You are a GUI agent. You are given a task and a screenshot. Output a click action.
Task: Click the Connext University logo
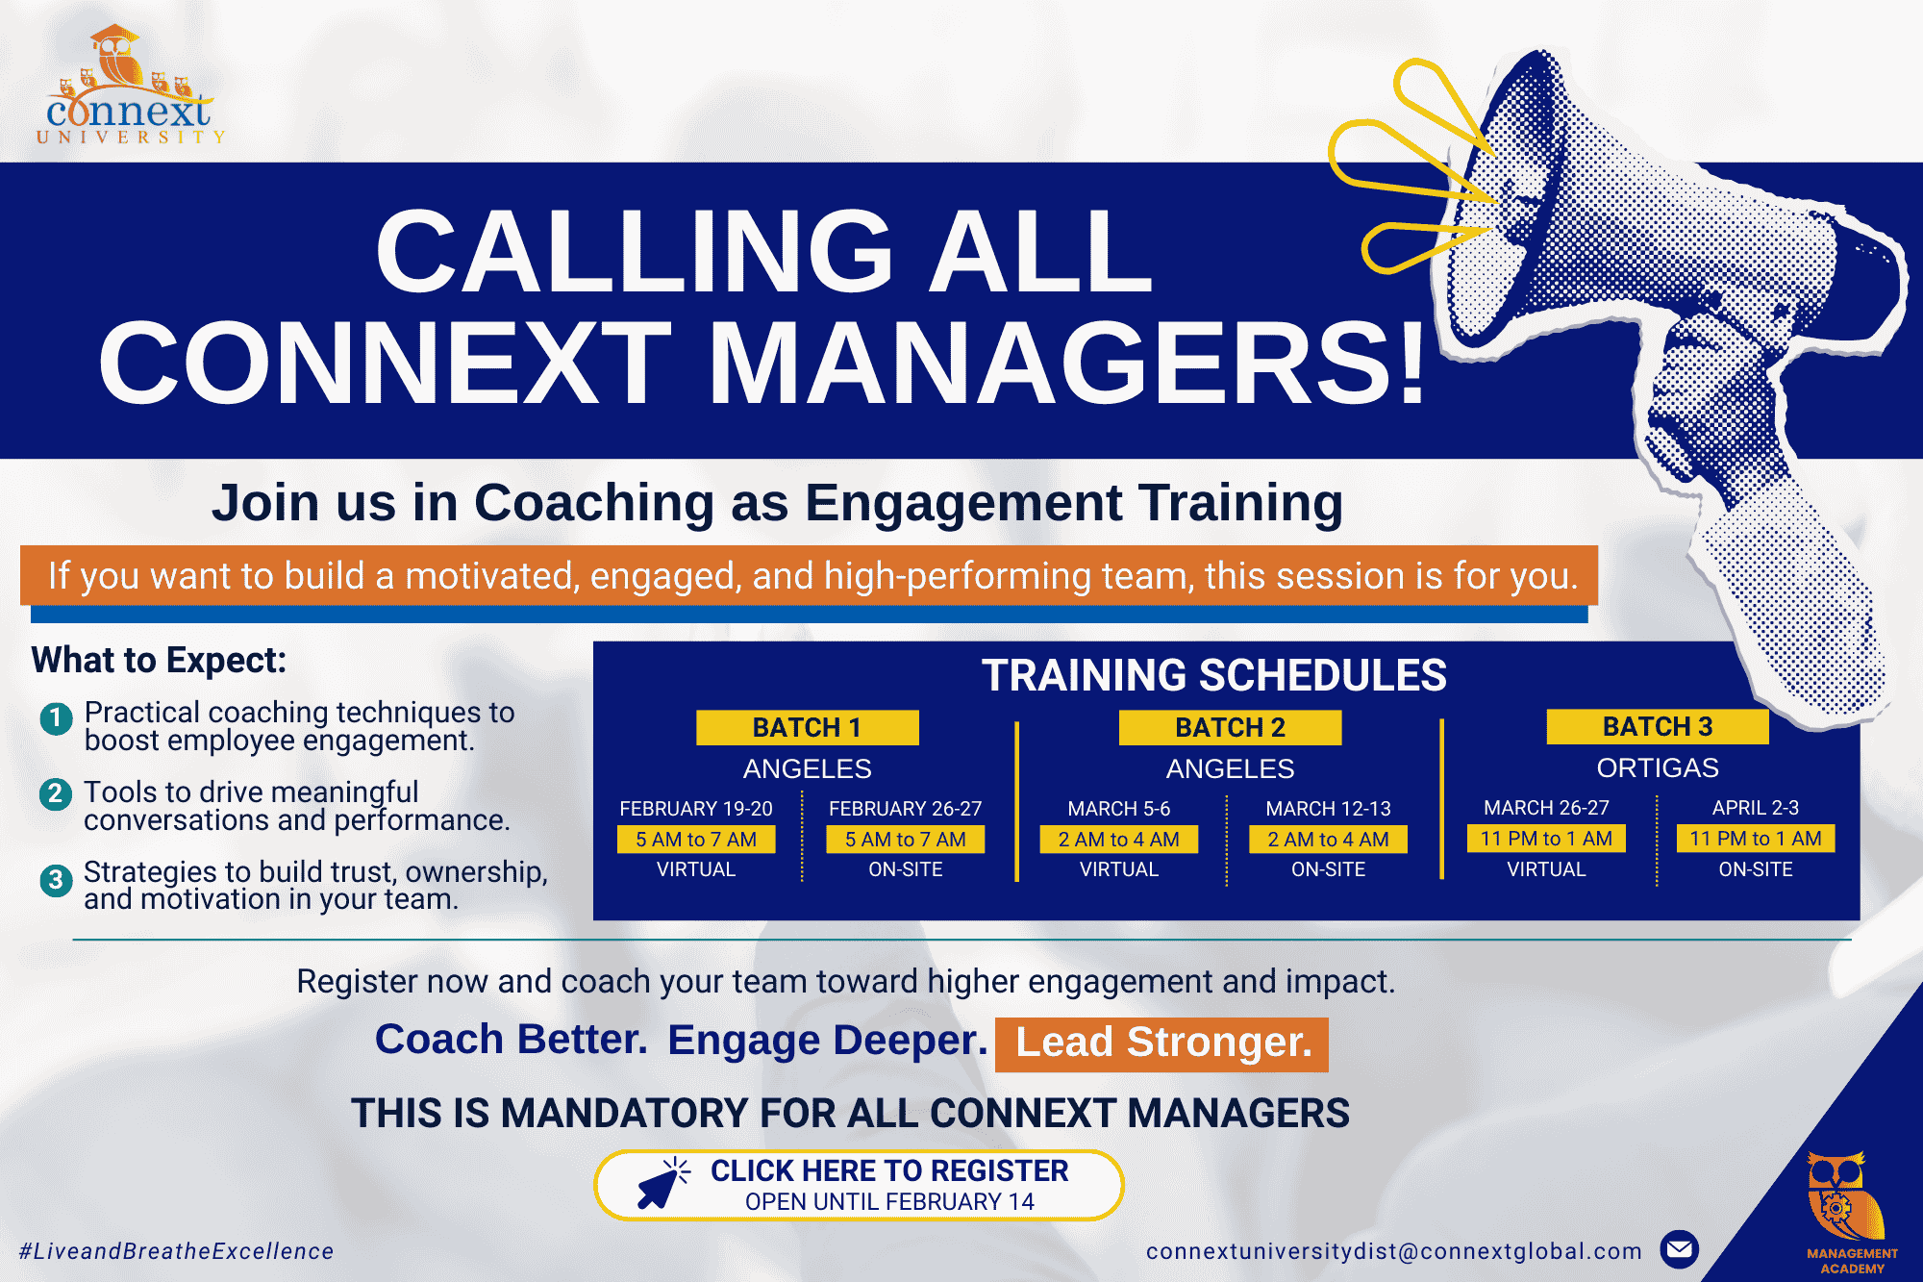tap(131, 87)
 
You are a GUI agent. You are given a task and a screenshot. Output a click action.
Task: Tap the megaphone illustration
tap(1654, 365)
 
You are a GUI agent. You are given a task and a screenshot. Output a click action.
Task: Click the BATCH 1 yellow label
tap(807, 727)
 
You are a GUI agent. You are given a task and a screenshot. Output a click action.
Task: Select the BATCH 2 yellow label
tap(1230, 727)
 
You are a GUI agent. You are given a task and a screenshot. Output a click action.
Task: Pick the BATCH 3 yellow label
tap(1658, 726)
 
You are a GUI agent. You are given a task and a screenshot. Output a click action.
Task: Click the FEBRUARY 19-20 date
tap(696, 809)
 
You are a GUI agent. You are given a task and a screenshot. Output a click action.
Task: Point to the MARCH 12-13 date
tap(1328, 809)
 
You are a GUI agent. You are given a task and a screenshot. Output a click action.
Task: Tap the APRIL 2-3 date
tap(1756, 808)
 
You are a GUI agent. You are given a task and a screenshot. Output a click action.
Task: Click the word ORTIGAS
tap(1658, 767)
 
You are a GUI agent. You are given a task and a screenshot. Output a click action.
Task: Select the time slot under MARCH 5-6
tap(1119, 840)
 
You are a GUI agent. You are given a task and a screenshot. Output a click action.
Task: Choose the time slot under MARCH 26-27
tap(1546, 839)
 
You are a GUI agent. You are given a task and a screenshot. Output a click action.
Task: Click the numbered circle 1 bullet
tap(56, 718)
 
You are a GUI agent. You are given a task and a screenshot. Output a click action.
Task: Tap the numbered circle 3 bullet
tap(56, 879)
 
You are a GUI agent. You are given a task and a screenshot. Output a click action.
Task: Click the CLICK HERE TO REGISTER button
tap(860, 1185)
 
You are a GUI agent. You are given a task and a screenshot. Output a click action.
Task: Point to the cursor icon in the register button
tap(662, 1184)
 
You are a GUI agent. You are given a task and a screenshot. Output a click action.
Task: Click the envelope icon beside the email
tap(1680, 1250)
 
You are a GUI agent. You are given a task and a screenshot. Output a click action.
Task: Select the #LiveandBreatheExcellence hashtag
tap(177, 1251)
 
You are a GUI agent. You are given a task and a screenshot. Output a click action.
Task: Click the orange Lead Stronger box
tap(1161, 1043)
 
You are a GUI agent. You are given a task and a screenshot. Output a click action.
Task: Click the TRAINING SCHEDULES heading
tap(1213, 675)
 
